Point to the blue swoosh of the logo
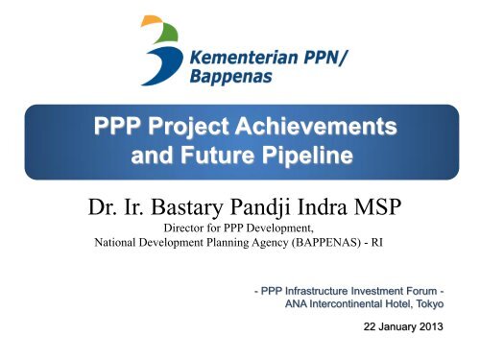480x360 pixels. click(163, 65)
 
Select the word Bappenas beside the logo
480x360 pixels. click(231, 77)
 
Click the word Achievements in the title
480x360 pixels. click(316, 126)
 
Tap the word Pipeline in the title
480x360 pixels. click(307, 156)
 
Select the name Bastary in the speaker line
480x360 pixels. click(186, 207)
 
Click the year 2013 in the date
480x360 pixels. click(431, 326)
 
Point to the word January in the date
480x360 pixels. click(396, 327)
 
